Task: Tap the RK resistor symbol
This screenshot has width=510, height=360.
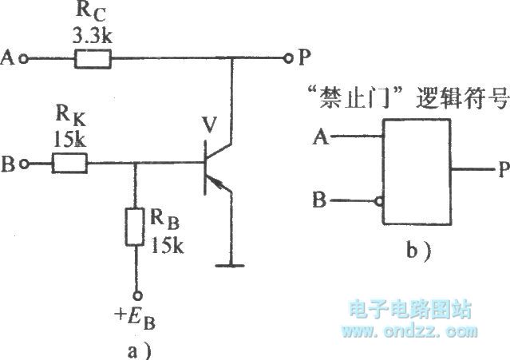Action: [x=69, y=164]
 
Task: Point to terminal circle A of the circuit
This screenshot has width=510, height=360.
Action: [x=25, y=58]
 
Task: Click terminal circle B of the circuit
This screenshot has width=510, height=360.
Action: [x=26, y=164]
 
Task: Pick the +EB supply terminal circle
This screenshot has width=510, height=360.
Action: [x=136, y=293]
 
